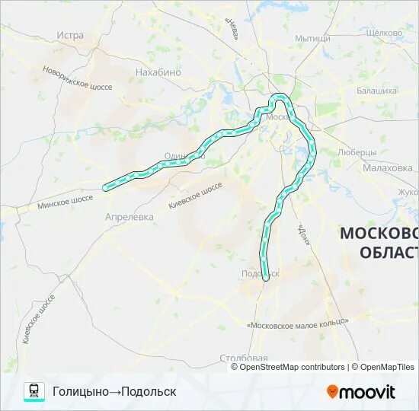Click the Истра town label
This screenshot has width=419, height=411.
[x=70, y=35]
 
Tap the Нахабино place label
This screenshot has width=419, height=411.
[x=158, y=72]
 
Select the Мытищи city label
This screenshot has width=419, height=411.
[x=312, y=37]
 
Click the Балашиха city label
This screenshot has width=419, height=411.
[x=376, y=91]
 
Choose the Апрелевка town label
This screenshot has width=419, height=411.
[x=129, y=217]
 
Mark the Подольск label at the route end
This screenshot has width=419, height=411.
[x=260, y=272]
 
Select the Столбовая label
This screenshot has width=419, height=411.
[x=244, y=358]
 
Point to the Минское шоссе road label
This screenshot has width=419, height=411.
[x=65, y=202]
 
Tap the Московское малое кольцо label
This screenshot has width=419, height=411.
[x=298, y=323]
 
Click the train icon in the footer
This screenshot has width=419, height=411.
[x=34, y=391]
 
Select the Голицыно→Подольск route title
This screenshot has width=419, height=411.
[x=114, y=391]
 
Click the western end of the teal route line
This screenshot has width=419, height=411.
[x=106, y=186]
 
